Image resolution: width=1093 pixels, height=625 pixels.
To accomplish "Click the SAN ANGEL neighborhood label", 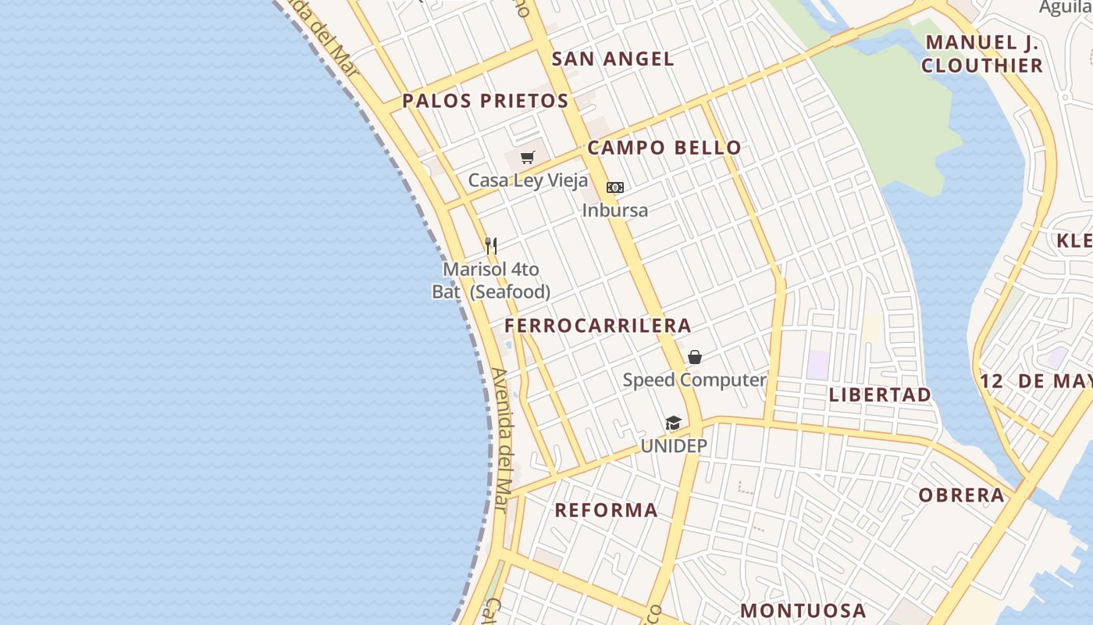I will click(613, 59).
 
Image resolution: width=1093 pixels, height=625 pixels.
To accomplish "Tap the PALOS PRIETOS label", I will click(485, 101).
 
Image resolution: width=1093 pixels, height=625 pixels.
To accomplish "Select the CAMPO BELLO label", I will click(664, 148).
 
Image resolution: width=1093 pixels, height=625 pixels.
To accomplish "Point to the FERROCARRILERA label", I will click(598, 326).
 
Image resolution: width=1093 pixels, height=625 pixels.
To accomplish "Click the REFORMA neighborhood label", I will click(606, 510).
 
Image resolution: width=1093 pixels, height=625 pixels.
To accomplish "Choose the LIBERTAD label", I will click(880, 395).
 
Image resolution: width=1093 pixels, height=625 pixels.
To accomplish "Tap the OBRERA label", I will click(961, 495).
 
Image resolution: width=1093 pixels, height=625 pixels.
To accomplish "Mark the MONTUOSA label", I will click(803, 610).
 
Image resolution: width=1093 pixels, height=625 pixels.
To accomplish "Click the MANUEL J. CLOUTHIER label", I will click(982, 54).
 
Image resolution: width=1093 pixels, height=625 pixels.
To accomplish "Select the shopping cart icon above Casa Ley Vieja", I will click(528, 158).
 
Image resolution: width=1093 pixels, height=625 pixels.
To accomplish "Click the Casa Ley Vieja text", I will click(528, 180).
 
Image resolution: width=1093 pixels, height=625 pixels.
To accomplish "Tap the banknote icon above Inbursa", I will click(615, 187).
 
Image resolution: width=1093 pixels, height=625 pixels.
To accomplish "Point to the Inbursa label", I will click(615, 210).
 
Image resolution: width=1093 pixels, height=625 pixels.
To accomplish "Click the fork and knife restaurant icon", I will click(491, 246).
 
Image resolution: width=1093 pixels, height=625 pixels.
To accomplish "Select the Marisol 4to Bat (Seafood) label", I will click(491, 280).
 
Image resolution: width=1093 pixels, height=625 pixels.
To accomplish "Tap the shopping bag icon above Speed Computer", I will click(695, 357).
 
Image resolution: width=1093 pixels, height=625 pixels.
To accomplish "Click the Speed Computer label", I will click(694, 380).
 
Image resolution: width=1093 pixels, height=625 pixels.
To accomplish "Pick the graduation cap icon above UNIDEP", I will click(673, 423).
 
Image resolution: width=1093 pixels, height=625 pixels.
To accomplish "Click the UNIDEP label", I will click(674, 446).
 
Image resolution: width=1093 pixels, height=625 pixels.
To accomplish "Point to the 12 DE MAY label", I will click(1035, 381).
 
